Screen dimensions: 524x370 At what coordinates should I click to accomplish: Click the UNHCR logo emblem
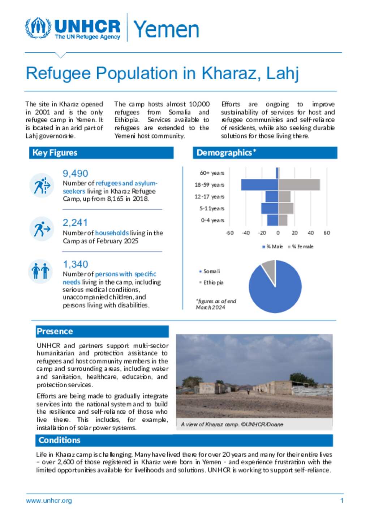point(38,28)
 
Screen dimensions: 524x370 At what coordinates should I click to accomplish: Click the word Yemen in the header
point(166,29)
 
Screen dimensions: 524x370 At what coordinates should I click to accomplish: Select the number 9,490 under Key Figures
point(75,174)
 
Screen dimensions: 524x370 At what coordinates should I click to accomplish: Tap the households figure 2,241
point(75,222)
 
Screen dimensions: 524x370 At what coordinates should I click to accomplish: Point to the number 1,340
point(75,264)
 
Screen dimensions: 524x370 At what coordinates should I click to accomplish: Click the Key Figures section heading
point(55,153)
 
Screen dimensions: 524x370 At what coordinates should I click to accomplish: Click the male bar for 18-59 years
point(259,185)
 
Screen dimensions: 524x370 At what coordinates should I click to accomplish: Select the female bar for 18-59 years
point(299,185)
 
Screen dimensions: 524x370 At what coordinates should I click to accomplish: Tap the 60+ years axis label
point(212,173)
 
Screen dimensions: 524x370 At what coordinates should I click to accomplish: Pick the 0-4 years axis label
point(212,220)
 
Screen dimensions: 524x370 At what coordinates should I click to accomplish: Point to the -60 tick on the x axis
point(230,233)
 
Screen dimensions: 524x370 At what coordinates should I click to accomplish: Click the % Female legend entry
point(301,247)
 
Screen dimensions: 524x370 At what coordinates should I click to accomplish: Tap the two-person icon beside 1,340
point(40,271)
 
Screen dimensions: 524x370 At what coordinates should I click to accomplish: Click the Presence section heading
point(55,331)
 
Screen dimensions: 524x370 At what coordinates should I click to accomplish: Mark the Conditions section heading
point(60,440)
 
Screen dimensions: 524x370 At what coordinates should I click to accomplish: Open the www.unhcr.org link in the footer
point(49,500)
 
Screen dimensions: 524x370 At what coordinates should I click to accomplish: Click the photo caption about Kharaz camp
point(232,424)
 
